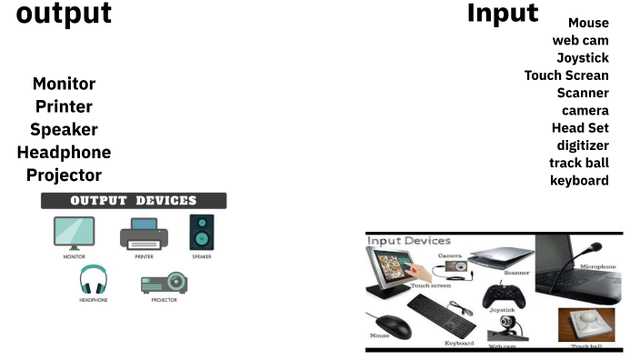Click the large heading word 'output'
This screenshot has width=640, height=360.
(x=64, y=15)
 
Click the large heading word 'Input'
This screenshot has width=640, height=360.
(x=503, y=14)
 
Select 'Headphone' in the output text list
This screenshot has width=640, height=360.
(x=64, y=152)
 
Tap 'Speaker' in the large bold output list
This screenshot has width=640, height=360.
(x=64, y=129)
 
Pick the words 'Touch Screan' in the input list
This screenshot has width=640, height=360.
(x=566, y=75)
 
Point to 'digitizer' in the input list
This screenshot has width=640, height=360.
(x=583, y=145)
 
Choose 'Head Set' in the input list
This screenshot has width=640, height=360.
(x=580, y=128)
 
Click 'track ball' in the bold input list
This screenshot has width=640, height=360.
(x=579, y=163)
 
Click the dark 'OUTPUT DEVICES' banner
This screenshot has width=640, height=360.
(x=134, y=201)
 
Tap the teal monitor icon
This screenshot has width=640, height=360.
(x=74, y=233)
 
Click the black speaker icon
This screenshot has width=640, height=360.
(x=201, y=232)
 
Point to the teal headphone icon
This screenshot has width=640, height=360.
(x=93, y=280)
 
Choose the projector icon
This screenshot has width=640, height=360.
(x=164, y=283)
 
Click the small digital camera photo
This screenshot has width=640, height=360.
(x=454, y=266)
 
